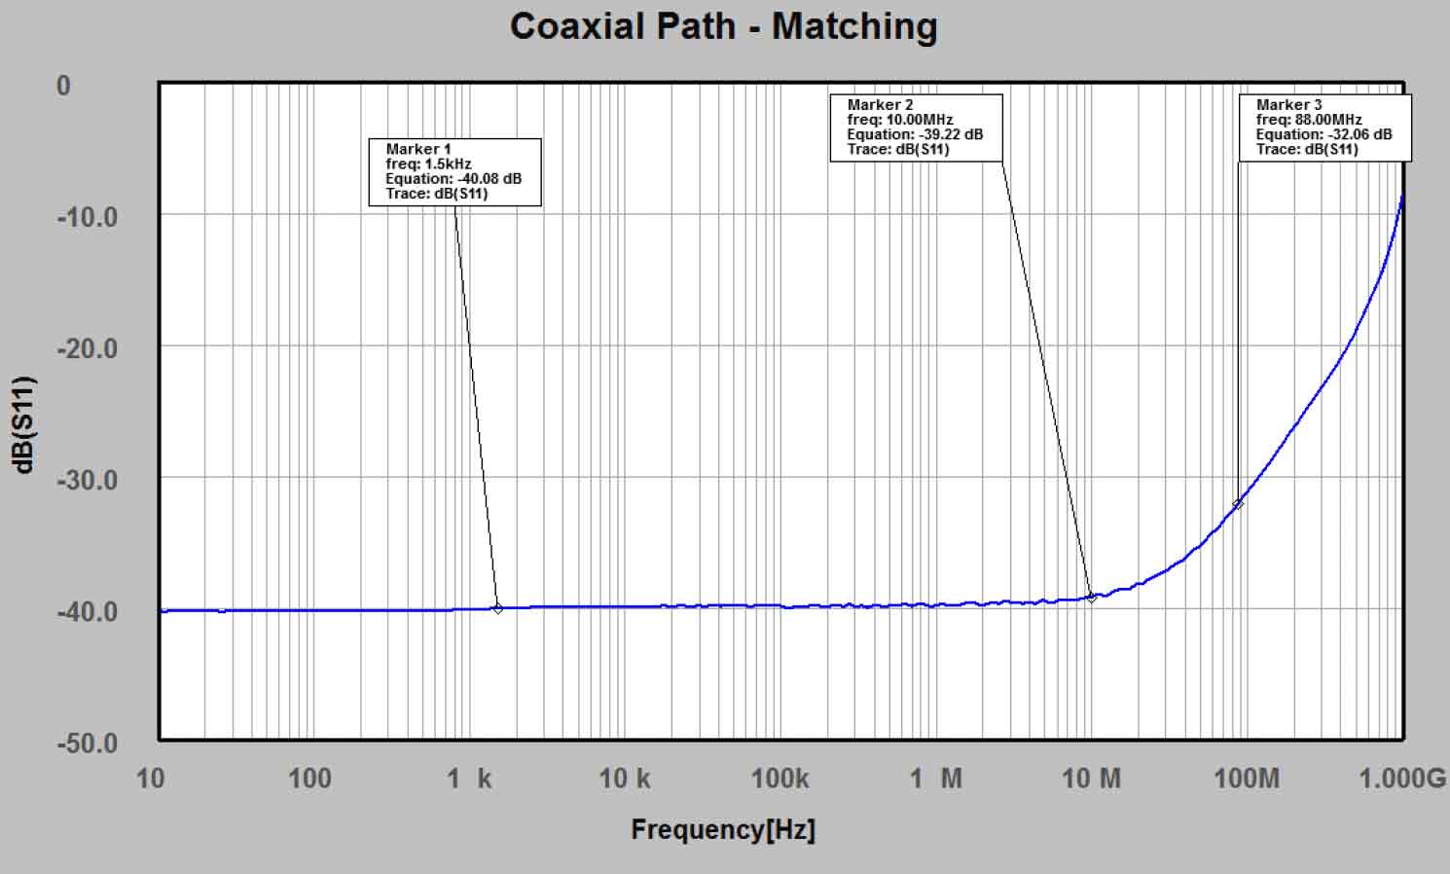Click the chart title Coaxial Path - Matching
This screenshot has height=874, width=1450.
tap(723, 26)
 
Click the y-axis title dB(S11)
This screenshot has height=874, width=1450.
tap(24, 424)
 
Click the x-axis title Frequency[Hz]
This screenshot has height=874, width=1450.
tap(723, 829)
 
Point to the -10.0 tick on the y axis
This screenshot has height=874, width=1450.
tap(87, 216)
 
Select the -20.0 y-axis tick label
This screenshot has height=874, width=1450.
tap(87, 347)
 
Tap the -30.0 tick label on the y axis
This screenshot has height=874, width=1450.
tap(87, 480)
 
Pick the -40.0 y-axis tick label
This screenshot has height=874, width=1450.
tap(87, 611)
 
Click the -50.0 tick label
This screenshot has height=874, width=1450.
tap(87, 743)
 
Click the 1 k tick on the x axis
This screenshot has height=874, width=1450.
tap(469, 778)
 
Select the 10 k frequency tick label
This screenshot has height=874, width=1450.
tap(624, 778)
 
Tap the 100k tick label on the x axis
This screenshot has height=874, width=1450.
tap(779, 778)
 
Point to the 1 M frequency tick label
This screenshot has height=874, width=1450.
tap(935, 778)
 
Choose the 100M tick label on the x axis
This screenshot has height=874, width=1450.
tap(1247, 778)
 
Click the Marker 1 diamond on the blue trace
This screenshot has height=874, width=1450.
tap(498, 608)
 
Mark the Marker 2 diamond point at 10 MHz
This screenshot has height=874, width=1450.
tap(1092, 598)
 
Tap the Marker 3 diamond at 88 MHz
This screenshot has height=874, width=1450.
tap(1238, 504)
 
